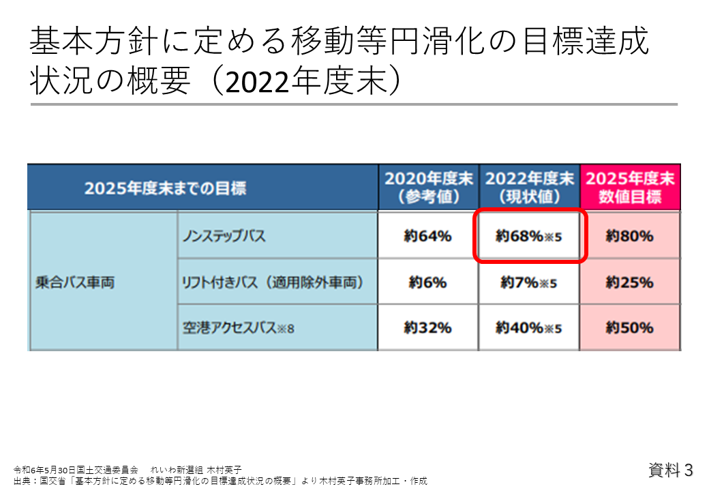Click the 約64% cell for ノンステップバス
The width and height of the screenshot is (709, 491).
[x=427, y=236]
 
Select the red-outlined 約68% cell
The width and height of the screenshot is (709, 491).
[x=529, y=237]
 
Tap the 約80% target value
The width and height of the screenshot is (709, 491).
[x=629, y=236]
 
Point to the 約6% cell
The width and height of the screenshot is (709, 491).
[x=427, y=282]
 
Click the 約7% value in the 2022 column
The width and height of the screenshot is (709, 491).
[x=529, y=282]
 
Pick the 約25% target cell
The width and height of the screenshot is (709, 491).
[x=629, y=282]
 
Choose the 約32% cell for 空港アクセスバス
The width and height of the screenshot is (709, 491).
[x=427, y=327]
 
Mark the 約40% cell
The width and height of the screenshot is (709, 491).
[x=529, y=328]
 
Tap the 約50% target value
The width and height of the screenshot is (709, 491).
[x=629, y=327]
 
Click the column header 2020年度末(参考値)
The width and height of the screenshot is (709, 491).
[x=428, y=188]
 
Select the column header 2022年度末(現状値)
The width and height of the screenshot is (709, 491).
[x=529, y=188]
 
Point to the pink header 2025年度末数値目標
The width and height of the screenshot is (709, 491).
[x=630, y=188]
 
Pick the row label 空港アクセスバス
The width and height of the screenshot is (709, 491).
[x=237, y=328]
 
